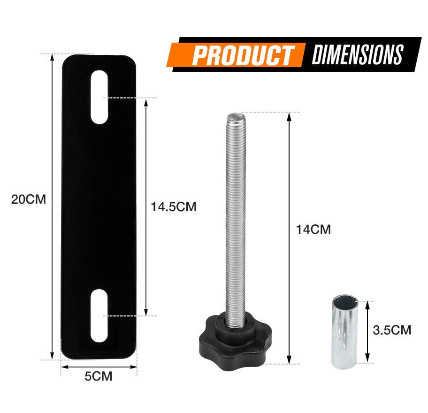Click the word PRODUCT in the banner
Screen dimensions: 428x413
[243, 56]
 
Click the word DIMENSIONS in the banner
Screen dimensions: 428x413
[358, 54]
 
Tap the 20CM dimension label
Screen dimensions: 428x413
[28, 199]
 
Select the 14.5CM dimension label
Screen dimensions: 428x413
[174, 207]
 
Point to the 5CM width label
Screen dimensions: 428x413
[98, 376]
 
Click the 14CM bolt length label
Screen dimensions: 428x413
[313, 229]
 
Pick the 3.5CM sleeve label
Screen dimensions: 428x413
[392, 330]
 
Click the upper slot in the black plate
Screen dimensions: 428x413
[99, 97]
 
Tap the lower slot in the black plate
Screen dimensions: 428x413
[99, 316]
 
